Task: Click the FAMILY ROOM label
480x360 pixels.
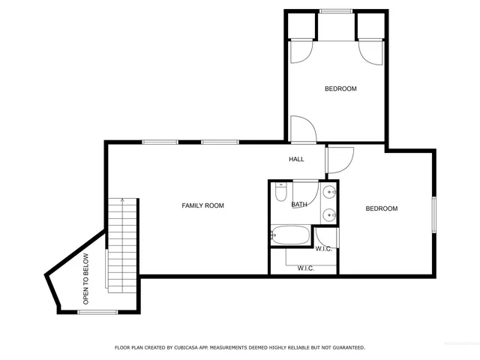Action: [203, 205]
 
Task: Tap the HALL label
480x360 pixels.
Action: [296, 159]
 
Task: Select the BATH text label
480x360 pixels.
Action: [299, 205]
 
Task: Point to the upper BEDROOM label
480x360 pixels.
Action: [340, 88]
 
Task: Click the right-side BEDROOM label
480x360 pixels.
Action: [381, 208]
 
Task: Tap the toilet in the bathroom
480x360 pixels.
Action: [280, 194]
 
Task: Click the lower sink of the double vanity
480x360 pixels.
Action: [330, 215]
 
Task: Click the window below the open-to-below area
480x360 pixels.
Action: [96, 311]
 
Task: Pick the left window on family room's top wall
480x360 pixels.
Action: [160, 142]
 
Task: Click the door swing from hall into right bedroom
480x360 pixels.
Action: [339, 160]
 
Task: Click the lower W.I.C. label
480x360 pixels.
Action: [305, 268]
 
